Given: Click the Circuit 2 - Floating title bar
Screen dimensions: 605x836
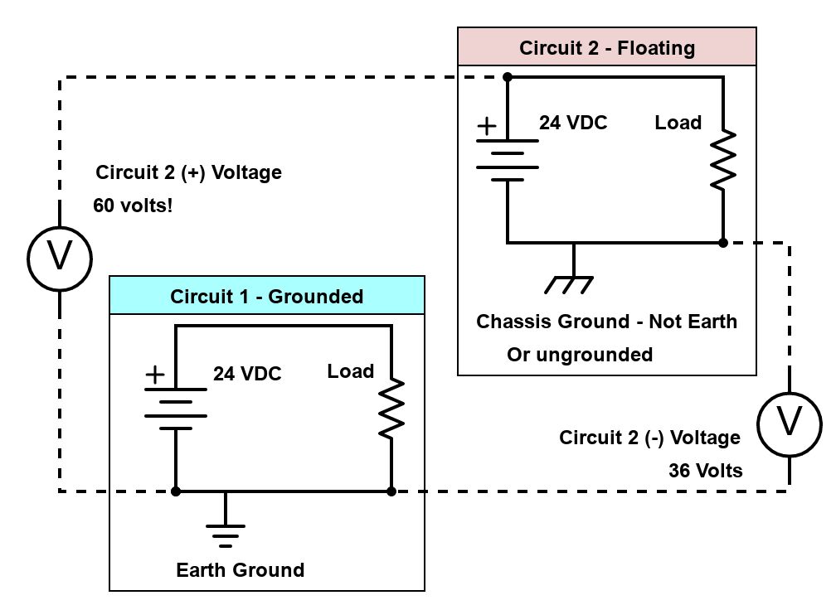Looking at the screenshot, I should pyautogui.click(x=607, y=47).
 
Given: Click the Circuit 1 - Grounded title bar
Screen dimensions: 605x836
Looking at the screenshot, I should pyautogui.click(x=267, y=296).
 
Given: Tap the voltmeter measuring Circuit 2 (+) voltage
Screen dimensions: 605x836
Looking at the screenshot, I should pyautogui.click(x=59, y=258).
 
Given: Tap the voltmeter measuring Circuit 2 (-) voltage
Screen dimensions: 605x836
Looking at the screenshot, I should pyautogui.click(x=789, y=423).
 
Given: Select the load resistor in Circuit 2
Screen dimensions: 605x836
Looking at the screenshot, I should pyautogui.click(x=723, y=159).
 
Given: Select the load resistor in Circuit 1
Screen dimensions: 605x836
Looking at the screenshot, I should pyautogui.click(x=391, y=408).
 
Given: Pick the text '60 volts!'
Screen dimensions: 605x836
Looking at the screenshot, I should pyautogui.click(x=133, y=205).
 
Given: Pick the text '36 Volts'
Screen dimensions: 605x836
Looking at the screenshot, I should pyautogui.click(x=706, y=470).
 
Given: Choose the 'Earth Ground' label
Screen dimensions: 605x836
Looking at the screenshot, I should pyautogui.click(x=240, y=570).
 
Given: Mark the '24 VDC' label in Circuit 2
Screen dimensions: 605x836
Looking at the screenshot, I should pyautogui.click(x=573, y=123).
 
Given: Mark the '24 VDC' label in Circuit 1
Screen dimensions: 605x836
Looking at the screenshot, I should pyautogui.click(x=247, y=374).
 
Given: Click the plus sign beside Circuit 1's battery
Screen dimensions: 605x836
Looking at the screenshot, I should pyautogui.click(x=155, y=375).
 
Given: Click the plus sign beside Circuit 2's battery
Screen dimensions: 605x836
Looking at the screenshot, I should pyautogui.click(x=487, y=126).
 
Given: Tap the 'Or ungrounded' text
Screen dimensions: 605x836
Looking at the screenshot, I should pyautogui.click(x=580, y=355).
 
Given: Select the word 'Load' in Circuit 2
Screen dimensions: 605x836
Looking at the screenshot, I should pyautogui.click(x=678, y=123).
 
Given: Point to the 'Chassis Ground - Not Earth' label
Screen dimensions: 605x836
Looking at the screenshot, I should pyautogui.click(x=606, y=322).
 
